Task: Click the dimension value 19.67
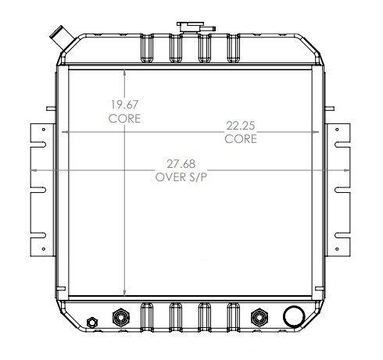(x=123, y=105)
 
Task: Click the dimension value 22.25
(x=240, y=126)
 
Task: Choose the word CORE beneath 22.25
(x=240, y=139)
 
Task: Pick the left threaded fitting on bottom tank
(x=121, y=318)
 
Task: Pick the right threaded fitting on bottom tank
(x=259, y=318)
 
